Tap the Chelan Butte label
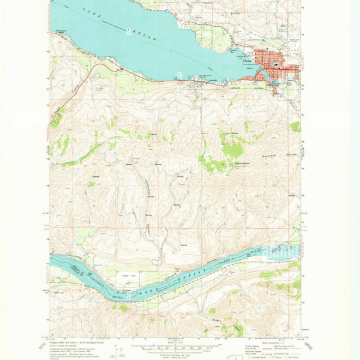(242, 163)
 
